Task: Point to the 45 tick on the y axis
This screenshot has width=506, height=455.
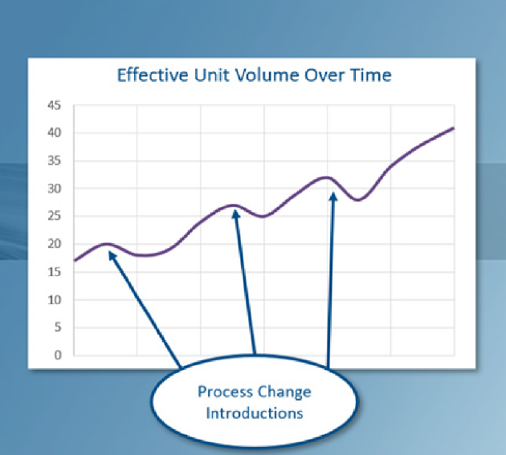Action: [x=55, y=105]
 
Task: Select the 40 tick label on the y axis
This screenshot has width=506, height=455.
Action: [x=55, y=132]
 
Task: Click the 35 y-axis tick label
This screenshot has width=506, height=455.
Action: [x=55, y=160]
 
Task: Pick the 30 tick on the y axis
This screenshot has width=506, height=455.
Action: [x=55, y=189]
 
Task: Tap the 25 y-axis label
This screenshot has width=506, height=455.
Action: [x=55, y=216]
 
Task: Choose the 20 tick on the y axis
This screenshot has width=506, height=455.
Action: [x=55, y=244]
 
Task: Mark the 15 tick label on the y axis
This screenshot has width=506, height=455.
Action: [x=55, y=272]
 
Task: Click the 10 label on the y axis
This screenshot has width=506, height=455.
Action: [x=55, y=300]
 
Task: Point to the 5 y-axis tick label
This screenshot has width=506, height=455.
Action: [x=58, y=327]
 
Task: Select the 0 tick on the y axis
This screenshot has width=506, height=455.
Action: [x=58, y=355]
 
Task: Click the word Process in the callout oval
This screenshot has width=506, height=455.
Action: [x=225, y=392]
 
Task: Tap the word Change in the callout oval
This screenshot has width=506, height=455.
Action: [x=284, y=392]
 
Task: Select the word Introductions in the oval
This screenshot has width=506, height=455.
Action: [x=255, y=413]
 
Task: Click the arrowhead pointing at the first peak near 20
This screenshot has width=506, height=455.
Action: [x=112, y=256]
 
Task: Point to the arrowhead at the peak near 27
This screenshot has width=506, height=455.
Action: [x=236, y=213]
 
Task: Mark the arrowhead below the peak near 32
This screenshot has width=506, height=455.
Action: [x=333, y=197]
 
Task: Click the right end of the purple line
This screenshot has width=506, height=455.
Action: [x=454, y=128]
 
